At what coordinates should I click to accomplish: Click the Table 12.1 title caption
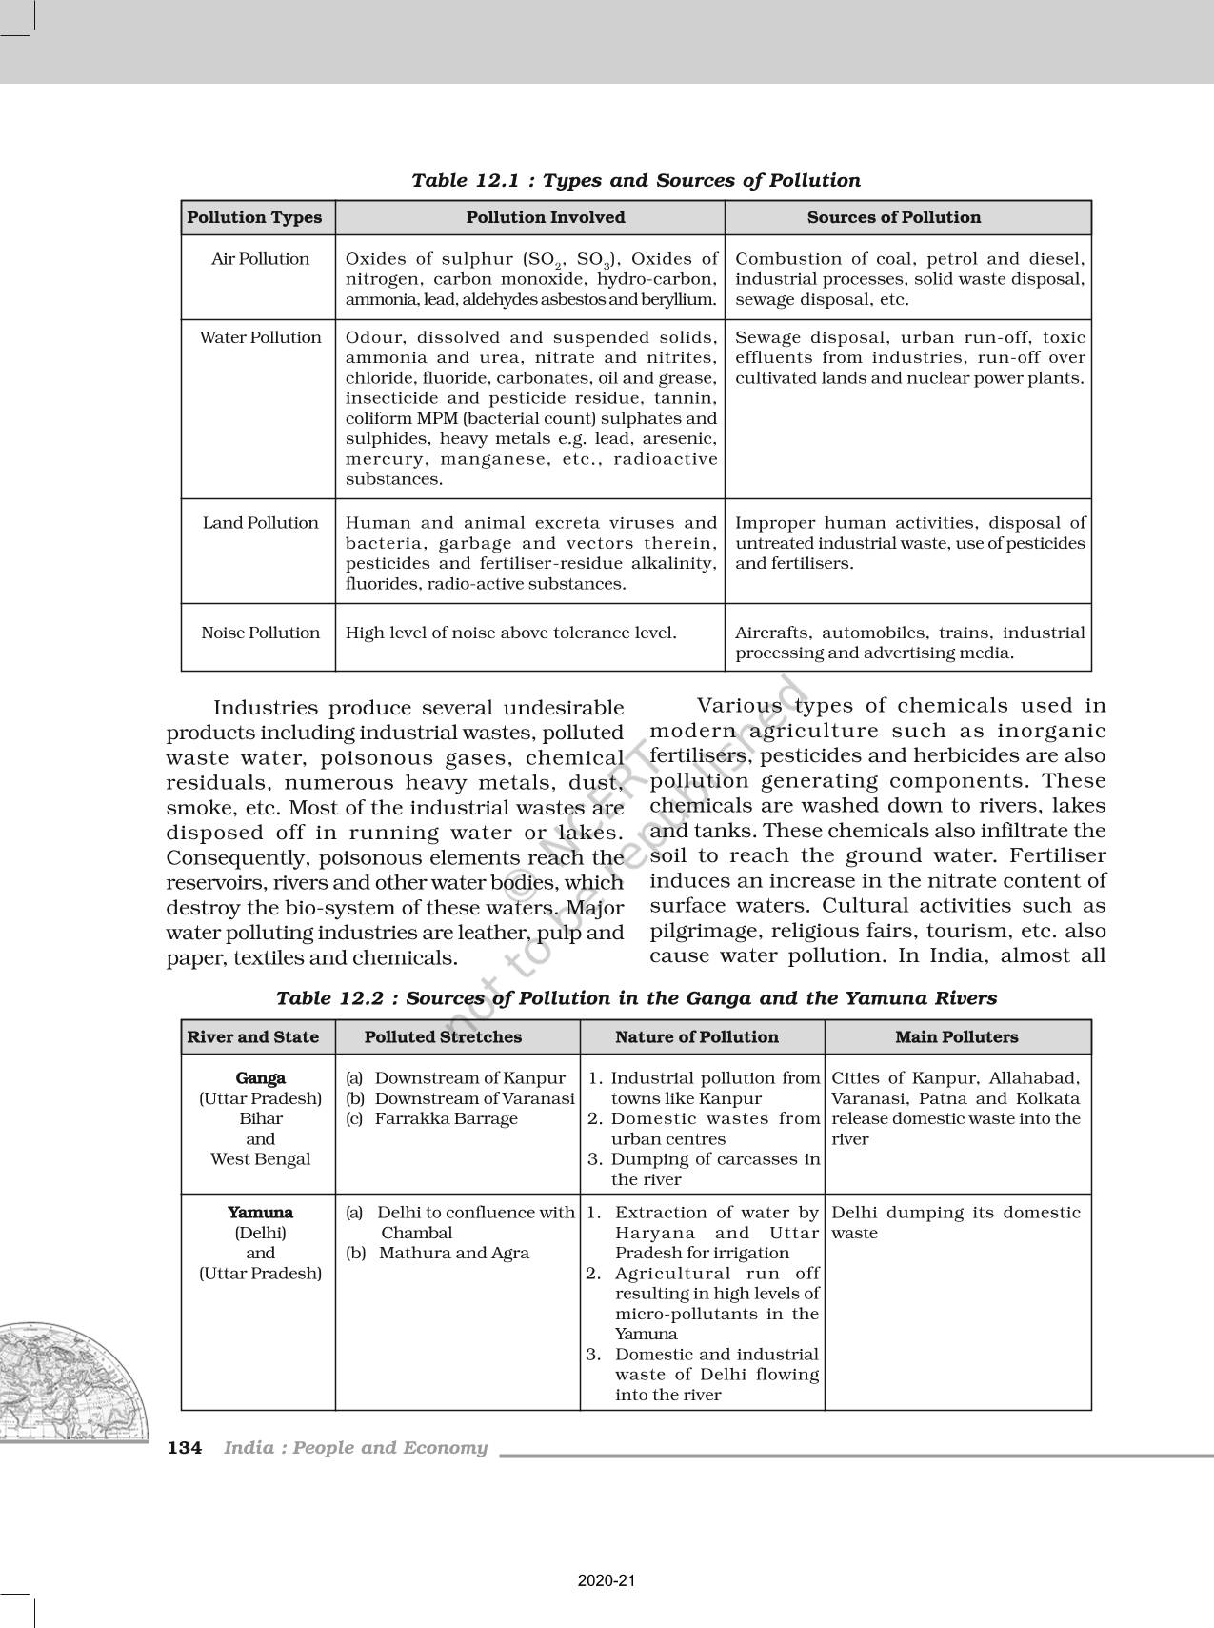635,180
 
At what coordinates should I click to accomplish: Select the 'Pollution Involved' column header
545,217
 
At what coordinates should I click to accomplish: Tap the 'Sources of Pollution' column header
893,217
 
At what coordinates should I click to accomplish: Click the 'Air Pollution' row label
260,259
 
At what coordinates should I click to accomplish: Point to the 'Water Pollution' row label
260,337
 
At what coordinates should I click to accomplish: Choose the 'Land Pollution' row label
260,523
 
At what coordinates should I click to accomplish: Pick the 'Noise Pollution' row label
260,633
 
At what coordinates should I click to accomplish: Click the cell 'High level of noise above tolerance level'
510,633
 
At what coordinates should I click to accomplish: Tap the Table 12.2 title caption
635,998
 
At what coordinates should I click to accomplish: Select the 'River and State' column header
252,1037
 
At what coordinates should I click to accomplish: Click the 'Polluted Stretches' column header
443,1037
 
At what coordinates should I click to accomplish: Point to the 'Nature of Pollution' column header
696,1037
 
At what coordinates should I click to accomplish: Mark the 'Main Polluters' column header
956,1037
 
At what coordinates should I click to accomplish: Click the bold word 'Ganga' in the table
260,1078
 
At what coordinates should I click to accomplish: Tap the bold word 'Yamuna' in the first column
260,1213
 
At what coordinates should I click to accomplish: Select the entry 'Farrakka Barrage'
446,1118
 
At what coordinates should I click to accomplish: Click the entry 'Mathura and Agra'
453,1253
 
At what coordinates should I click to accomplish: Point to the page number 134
185,1448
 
